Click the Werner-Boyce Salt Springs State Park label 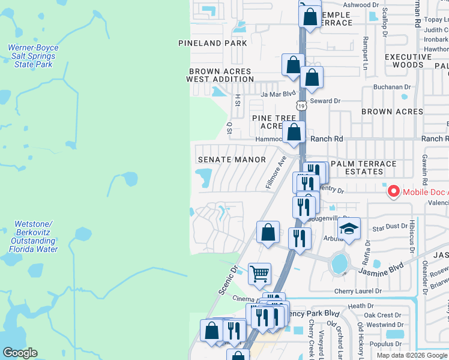[32, 56]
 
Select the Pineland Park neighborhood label [212, 43]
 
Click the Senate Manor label [232, 160]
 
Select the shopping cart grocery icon [259, 274]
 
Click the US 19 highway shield [301, 105]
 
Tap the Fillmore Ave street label [277, 173]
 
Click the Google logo [20, 353]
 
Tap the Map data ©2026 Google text [411, 355]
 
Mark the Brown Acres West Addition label [220, 75]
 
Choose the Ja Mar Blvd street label [278, 94]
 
